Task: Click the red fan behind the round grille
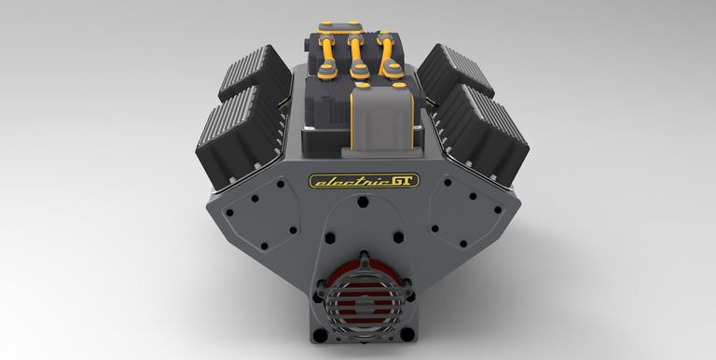pyautogui.click(x=364, y=293)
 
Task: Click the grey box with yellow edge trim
pyautogui.click(x=381, y=118)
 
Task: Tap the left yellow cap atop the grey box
pyautogui.click(x=363, y=85)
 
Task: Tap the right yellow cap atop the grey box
pyautogui.click(x=399, y=85)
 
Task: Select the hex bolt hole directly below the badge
pyautogui.click(x=363, y=201)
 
